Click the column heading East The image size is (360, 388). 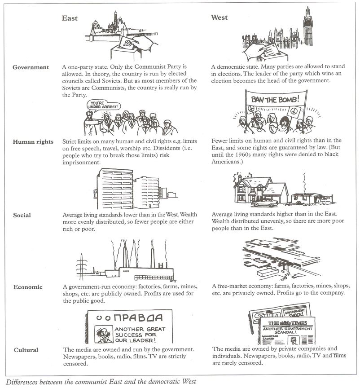(70, 18)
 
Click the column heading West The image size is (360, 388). (219, 18)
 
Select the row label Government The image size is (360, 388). (31, 67)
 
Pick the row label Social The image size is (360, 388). (22, 215)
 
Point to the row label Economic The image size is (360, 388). (28, 287)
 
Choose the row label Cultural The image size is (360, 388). (26, 350)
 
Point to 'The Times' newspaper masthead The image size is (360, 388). (287, 323)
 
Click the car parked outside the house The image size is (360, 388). (264, 203)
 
